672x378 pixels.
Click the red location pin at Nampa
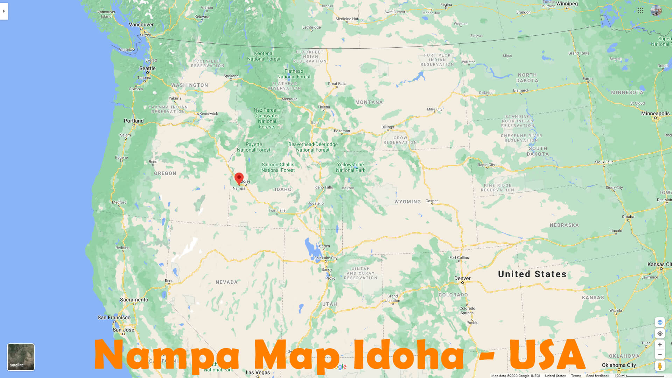(239, 178)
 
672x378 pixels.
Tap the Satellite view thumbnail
(21, 357)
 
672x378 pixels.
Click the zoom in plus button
(660, 345)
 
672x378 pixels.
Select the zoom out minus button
(660, 355)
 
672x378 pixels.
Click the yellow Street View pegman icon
(660, 366)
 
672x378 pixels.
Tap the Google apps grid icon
(640, 11)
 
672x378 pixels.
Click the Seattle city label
(147, 69)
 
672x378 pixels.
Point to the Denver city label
(462, 279)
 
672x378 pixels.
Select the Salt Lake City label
(325, 258)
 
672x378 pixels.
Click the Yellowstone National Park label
(350, 167)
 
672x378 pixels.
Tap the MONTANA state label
(369, 103)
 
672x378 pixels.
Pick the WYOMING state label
(407, 202)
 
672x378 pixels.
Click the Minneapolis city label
(655, 114)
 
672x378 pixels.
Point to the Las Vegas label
(258, 372)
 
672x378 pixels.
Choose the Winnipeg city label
(567, 4)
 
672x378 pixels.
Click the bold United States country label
(532, 274)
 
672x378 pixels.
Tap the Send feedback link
(597, 376)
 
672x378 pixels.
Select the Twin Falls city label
(276, 210)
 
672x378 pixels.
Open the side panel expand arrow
(4, 11)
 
